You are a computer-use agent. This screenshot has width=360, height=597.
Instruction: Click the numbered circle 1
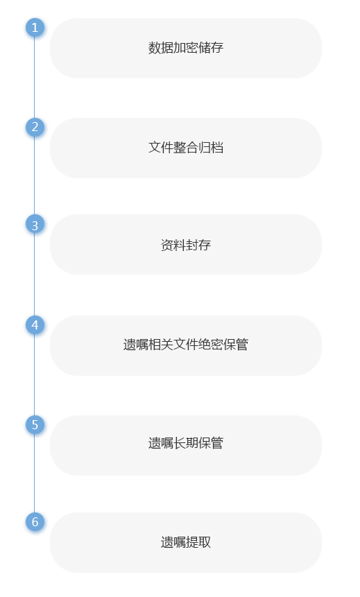[35, 28]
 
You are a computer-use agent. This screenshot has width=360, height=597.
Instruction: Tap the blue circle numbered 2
[35, 127]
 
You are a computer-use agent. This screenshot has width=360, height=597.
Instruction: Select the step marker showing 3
[35, 224]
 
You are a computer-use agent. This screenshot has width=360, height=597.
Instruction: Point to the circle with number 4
[35, 325]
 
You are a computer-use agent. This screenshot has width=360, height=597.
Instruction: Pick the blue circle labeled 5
[35, 425]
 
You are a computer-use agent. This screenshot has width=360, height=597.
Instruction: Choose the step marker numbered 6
[35, 522]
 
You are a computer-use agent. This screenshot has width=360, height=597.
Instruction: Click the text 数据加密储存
[186, 48]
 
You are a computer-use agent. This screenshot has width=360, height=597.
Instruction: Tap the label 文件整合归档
[186, 148]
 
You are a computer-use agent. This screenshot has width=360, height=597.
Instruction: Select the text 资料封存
[186, 245]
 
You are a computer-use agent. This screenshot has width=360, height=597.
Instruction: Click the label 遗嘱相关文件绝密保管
[186, 345]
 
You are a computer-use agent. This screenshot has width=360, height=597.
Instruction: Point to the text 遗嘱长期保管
[186, 443]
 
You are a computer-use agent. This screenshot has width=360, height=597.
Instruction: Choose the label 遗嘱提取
[186, 542]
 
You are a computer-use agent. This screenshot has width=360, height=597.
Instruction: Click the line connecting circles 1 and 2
[35, 78]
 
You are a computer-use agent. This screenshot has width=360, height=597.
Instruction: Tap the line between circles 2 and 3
[35, 175]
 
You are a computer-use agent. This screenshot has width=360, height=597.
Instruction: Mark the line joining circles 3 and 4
[35, 275]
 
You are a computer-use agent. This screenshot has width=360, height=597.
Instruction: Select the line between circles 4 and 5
[35, 375]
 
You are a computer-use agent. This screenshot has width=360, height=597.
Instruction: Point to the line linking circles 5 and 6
[35, 474]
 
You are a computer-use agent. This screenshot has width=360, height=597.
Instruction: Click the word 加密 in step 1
[186, 48]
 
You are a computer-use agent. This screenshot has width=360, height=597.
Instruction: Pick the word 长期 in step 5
[186, 443]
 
